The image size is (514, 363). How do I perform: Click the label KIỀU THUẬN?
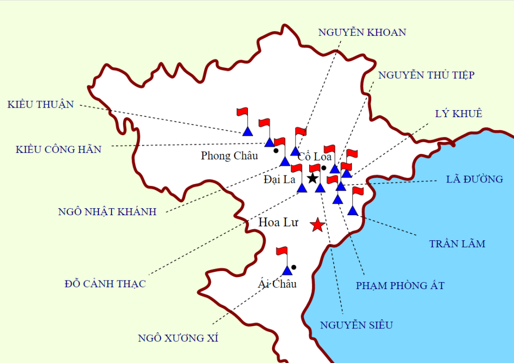coord(41,105)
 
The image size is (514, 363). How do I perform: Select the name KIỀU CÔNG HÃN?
coord(58,149)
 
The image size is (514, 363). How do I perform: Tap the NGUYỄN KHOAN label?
coord(362,32)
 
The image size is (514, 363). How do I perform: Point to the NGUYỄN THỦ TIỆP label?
coord(426,75)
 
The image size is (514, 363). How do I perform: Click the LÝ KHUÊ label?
coord(458,114)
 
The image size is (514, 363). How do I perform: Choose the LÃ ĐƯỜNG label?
coord(474,179)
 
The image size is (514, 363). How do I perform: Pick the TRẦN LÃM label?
coord(457,244)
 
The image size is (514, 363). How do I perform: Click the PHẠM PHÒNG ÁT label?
coord(400,286)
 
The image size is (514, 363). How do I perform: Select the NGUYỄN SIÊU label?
coord(356,325)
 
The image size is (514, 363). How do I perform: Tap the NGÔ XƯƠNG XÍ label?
coord(178,338)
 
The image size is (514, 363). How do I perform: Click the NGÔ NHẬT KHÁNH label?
coord(107,212)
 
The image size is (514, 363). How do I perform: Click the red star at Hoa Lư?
coord(317,225)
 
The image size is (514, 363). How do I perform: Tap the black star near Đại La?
coord(312,178)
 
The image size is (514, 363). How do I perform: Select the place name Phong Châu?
coord(229,155)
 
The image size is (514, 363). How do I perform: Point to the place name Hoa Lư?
coord(278,222)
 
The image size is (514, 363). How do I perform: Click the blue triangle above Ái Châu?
coord(287,271)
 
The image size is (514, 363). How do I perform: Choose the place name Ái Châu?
coord(278,284)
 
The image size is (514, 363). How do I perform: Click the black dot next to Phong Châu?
coord(276,150)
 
